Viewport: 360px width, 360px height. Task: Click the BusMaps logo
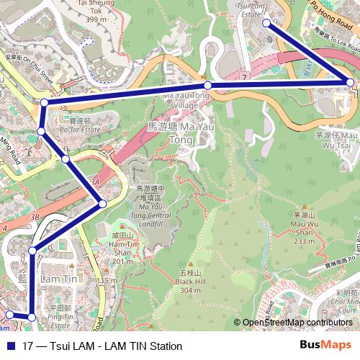point(325,346)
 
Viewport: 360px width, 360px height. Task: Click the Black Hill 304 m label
point(189,282)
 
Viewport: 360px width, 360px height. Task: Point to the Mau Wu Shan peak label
point(305,227)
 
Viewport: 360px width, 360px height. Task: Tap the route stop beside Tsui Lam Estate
point(266,23)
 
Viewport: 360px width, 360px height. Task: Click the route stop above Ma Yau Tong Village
point(207,86)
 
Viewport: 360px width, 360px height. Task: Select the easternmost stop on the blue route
point(351,83)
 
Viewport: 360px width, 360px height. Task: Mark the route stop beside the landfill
point(102,204)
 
